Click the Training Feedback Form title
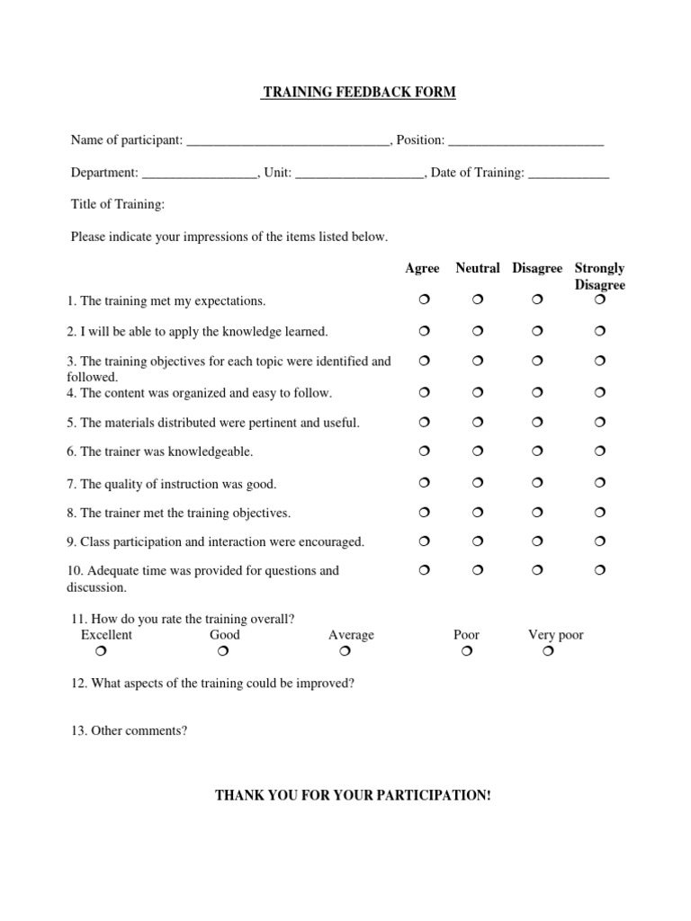pos(358,93)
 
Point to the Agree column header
pos(423,268)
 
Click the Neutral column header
pos(478,268)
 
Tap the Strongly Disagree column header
pos(600,276)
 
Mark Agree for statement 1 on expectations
pos(424,299)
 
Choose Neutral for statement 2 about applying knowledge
pos(479,331)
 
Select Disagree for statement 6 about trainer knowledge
pos(537,451)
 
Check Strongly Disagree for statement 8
pos(600,512)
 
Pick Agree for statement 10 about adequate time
pos(424,569)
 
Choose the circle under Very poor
pos(549,651)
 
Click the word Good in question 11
pos(225,635)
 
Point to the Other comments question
pos(129,730)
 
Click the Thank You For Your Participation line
pos(353,796)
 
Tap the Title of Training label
pos(118,205)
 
